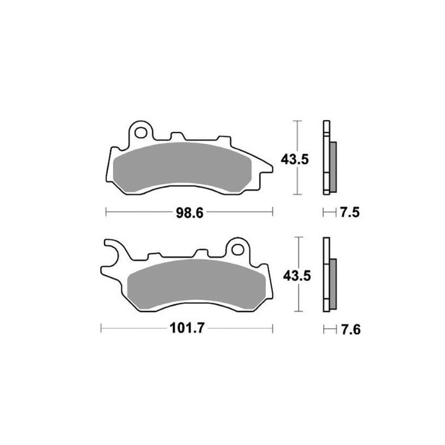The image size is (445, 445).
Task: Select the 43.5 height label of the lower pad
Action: (x=294, y=275)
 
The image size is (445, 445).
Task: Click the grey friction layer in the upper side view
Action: (x=333, y=165)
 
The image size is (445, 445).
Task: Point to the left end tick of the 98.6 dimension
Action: (x=106, y=212)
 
